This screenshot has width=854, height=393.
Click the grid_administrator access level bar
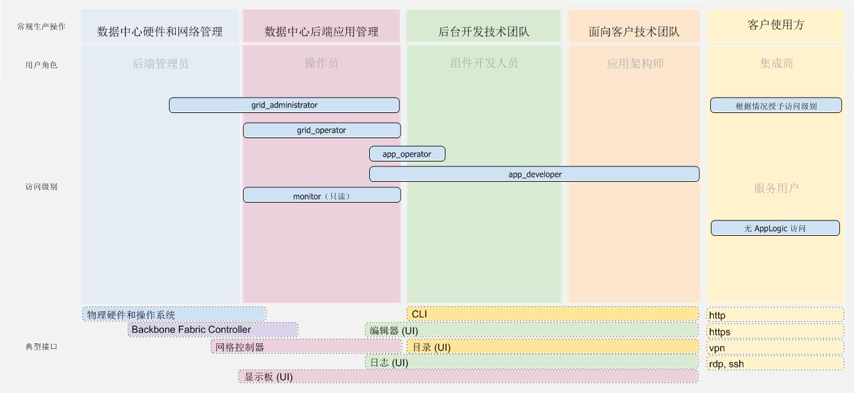click(284, 105)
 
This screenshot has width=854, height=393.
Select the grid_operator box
click(321, 130)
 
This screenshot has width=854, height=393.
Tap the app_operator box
click(407, 154)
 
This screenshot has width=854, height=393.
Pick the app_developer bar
click(534, 174)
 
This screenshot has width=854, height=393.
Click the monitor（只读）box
click(321, 195)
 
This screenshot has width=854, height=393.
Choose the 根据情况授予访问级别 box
click(776, 106)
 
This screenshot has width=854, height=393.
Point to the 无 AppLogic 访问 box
click(775, 228)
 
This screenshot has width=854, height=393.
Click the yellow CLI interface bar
click(552, 314)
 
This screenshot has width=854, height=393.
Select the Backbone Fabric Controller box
click(213, 330)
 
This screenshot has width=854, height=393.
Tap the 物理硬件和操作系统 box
click(174, 314)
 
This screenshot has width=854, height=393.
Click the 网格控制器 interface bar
click(306, 347)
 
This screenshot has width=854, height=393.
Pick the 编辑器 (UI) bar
click(531, 331)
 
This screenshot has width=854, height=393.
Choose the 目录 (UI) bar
click(552, 347)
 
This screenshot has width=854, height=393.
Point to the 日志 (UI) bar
click(531, 363)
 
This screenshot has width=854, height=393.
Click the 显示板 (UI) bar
click(468, 376)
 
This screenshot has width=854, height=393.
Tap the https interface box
click(775, 332)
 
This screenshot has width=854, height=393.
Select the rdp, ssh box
click(775, 364)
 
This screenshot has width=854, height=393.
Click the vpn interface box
click(775, 348)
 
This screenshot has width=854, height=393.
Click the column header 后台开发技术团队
click(484, 31)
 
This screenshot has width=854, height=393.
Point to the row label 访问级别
click(41, 187)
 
